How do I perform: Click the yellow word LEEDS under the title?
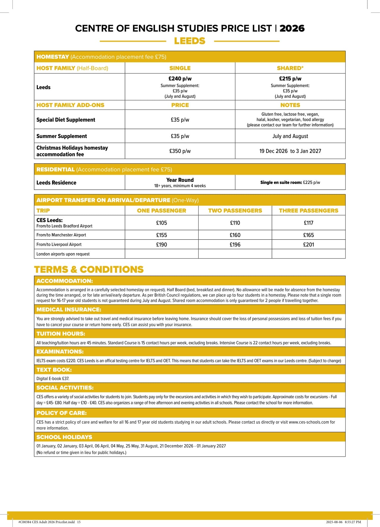[190, 41]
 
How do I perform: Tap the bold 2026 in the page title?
[292, 28]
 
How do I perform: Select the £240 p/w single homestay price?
[180, 79]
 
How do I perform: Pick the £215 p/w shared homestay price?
[290, 79]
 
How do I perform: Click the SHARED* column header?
[290, 68]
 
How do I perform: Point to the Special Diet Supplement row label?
[66, 120]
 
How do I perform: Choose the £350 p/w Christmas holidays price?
[180, 151]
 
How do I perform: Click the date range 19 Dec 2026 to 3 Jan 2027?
[290, 151]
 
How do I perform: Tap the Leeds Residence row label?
[56, 182]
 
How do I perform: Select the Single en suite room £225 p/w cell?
[290, 182]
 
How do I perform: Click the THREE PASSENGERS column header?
[308, 210]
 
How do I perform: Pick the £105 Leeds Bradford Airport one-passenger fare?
[162, 223]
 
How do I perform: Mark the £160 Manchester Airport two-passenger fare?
[235, 235]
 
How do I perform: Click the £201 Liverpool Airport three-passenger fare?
[308, 244]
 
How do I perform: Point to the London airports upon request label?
[63, 254]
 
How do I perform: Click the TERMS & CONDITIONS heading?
[89, 269]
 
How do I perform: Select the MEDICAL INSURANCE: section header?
[69, 309]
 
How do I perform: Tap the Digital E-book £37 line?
[53, 379]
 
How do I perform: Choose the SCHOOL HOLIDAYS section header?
[64, 437]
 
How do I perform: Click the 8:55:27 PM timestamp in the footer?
[353, 522]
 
